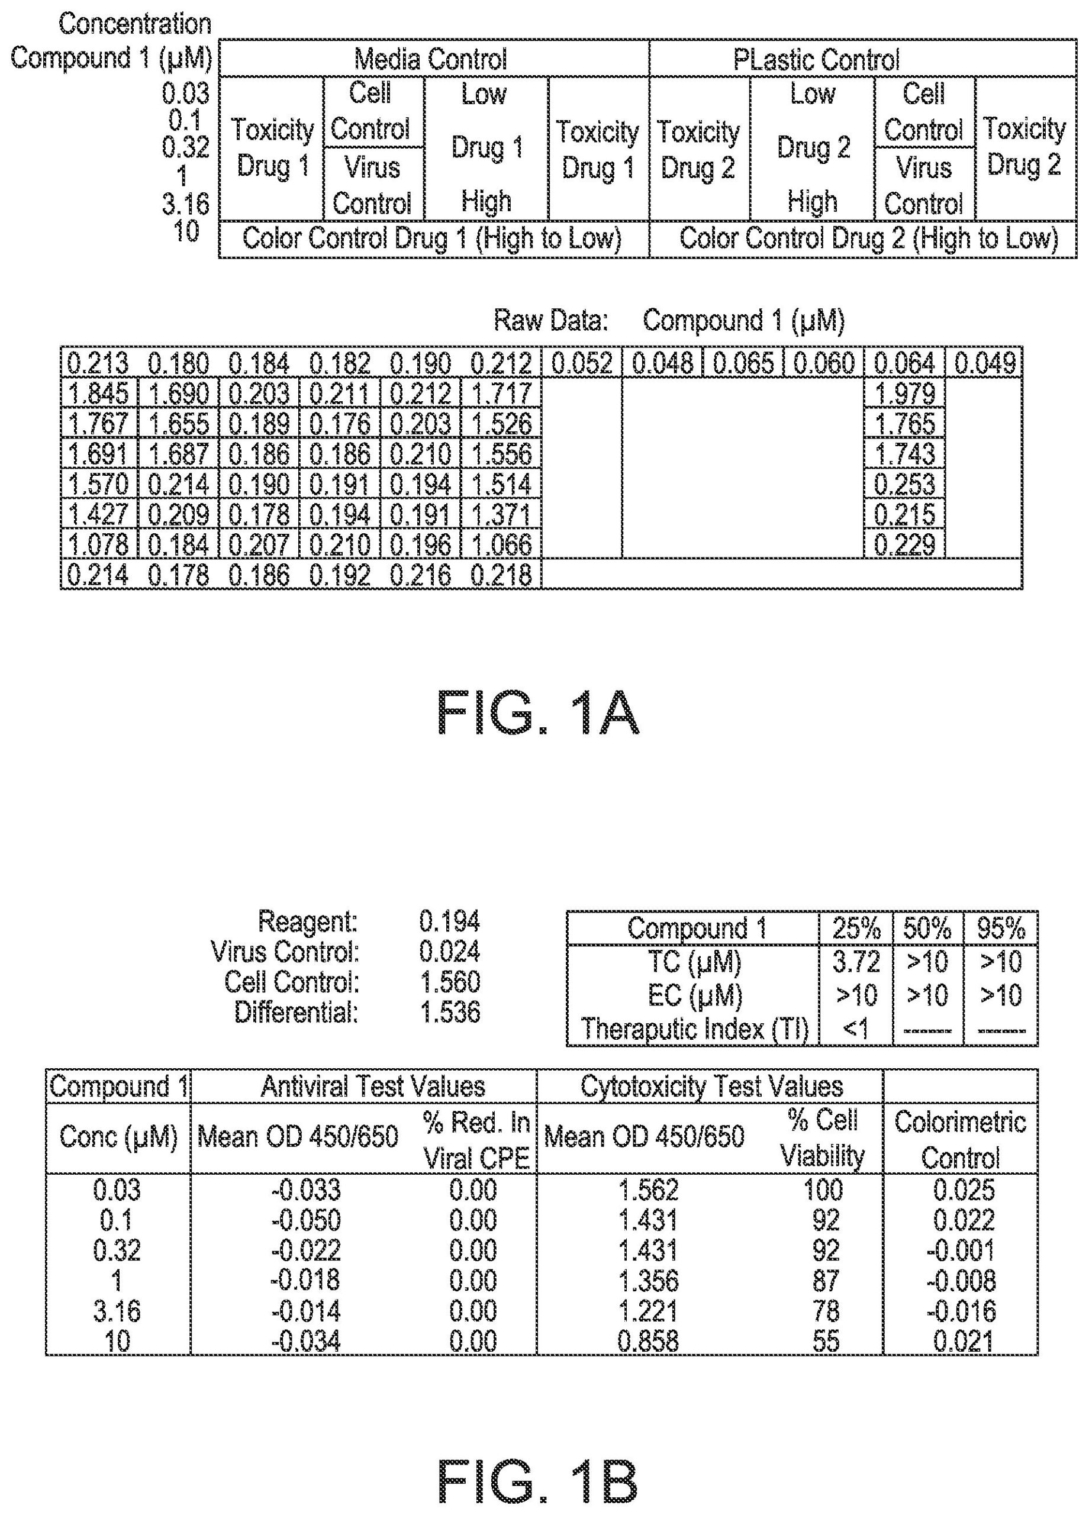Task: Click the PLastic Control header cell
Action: [816, 59]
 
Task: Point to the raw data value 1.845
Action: [98, 394]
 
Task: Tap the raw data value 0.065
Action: [743, 363]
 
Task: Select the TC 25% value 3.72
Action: [856, 962]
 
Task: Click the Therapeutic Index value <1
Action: [856, 1028]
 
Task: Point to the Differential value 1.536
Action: [450, 1013]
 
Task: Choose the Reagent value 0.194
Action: [450, 922]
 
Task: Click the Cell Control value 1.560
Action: [450, 982]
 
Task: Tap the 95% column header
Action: [1001, 929]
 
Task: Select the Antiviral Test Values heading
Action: [373, 1087]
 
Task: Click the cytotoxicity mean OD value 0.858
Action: [648, 1340]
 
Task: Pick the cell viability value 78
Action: [826, 1311]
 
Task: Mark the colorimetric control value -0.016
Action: [961, 1311]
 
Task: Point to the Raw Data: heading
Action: [551, 321]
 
